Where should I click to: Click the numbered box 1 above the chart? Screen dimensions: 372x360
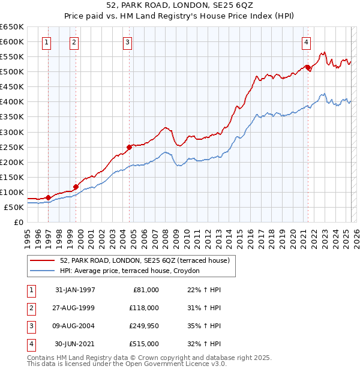(x=47, y=42)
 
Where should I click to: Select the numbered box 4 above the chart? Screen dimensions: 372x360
(x=306, y=42)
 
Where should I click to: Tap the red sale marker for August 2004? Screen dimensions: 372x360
(x=129, y=146)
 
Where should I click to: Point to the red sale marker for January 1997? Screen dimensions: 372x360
(x=49, y=197)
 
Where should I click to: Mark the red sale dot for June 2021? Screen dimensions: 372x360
(x=307, y=67)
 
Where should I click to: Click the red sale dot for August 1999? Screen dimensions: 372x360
(x=76, y=187)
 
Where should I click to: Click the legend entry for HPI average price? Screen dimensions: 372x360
(x=133, y=271)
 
